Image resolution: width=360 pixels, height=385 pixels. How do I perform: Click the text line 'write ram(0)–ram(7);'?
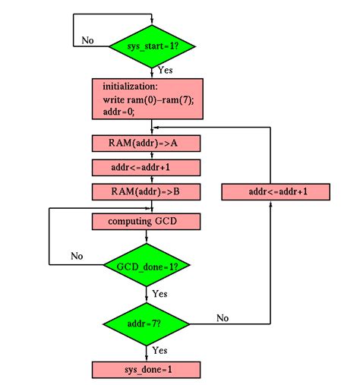[147, 99]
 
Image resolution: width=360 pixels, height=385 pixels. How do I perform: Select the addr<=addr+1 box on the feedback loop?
[276, 191]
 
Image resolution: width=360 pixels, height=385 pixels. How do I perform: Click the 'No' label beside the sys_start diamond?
[87, 40]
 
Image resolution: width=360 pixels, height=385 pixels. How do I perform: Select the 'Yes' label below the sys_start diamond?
[165, 69]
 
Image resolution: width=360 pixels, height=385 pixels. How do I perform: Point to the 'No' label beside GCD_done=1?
[77, 256]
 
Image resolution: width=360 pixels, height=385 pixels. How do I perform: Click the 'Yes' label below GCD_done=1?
[159, 292]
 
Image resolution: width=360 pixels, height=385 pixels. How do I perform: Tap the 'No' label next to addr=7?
[223, 317]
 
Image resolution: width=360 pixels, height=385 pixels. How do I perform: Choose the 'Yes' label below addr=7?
[159, 350]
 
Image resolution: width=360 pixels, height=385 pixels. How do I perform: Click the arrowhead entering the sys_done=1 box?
[147, 358]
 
